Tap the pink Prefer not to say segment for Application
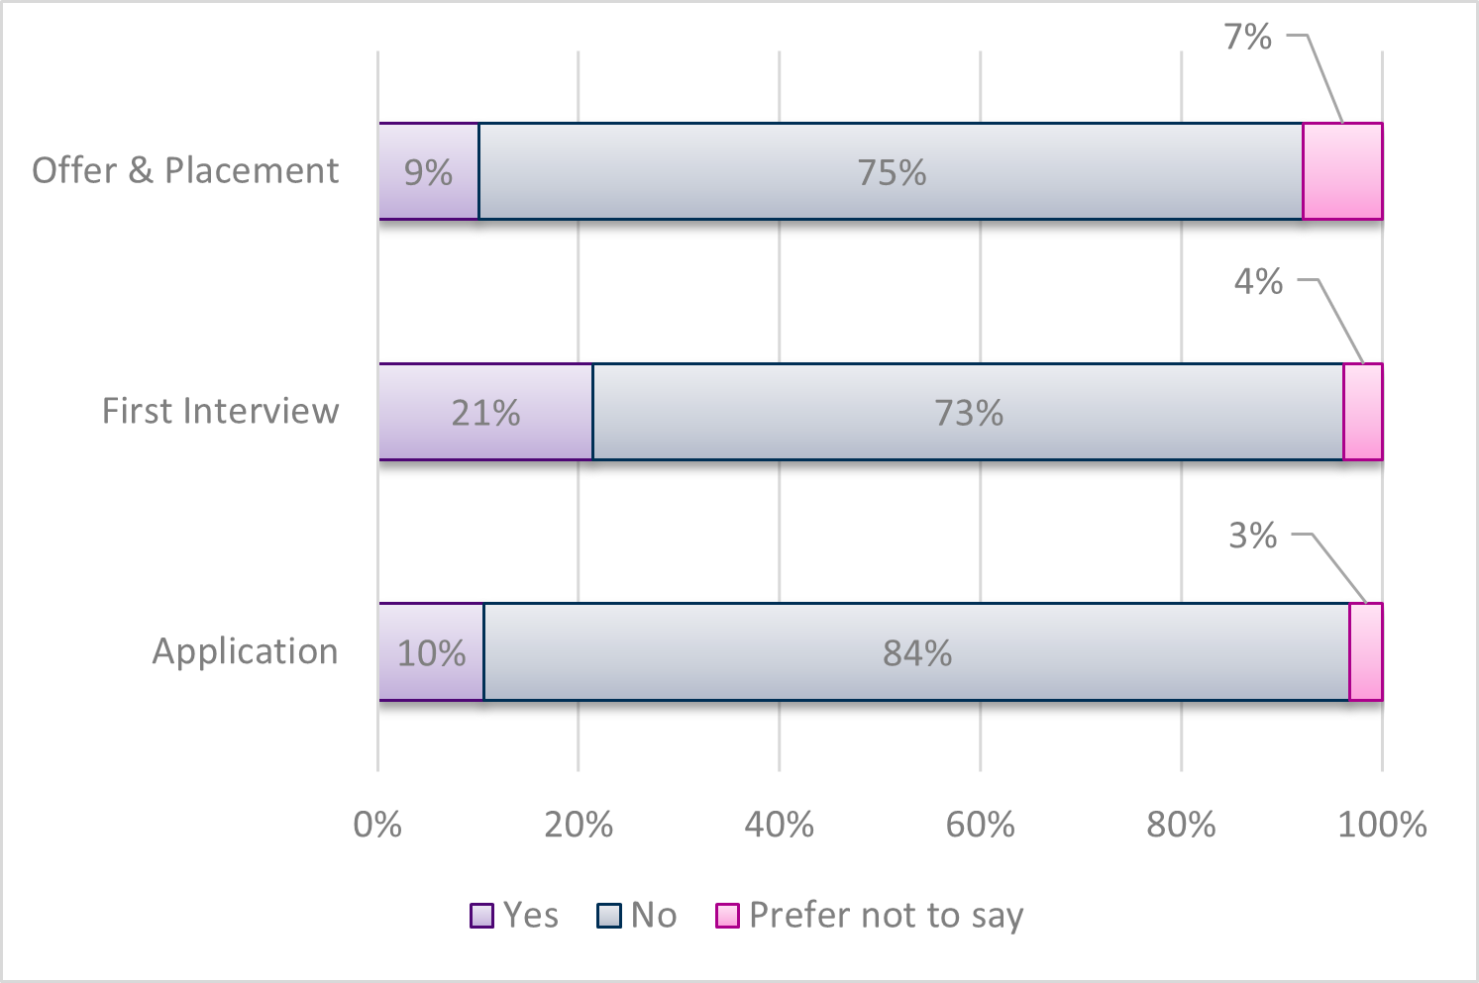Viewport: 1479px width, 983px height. tap(1366, 651)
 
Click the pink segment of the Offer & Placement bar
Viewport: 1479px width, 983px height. tap(1342, 171)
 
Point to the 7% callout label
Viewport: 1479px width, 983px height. tap(1247, 37)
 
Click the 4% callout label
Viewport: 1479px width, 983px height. tap(1258, 281)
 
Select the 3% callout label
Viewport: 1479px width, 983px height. tap(1253, 536)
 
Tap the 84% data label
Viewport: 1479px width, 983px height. tap(917, 653)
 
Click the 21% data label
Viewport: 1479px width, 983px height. tap(485, 413)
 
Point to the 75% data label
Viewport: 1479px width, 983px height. tap(892, 173)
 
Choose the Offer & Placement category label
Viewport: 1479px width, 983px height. tap(185, 170)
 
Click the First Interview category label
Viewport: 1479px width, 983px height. tap(220, 411)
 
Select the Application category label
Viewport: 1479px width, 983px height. tap(245, 651)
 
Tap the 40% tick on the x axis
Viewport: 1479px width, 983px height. tap(780, 824)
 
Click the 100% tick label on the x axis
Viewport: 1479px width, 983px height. tap(1382, 824)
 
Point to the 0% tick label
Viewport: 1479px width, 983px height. tap(377, 824)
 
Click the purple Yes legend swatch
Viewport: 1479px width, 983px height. tap(481, 916)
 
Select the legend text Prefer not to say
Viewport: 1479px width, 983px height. tap(886, 916)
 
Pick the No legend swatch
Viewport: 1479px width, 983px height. tap(608, 916)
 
